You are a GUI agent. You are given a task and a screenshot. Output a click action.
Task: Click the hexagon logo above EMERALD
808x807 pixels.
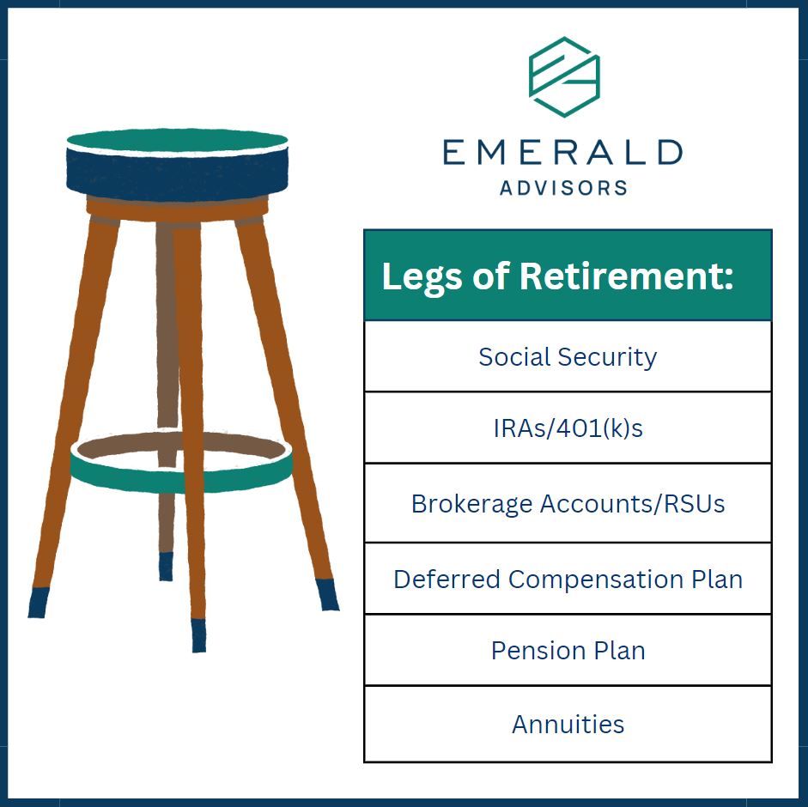[x=564, y=76]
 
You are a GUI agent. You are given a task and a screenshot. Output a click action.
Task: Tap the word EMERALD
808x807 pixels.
[x=562, y=152]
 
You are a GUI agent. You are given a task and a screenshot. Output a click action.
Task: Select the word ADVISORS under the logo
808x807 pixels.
[x=564, y=187]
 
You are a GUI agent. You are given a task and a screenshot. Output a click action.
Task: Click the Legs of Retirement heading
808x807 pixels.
[x=557, y=276]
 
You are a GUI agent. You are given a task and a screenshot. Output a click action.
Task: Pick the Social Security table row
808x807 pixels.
[x=568, y=356]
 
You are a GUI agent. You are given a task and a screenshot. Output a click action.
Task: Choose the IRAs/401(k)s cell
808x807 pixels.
[x=568, y=428]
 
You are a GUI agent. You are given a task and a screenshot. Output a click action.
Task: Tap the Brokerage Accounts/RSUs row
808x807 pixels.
[x=568, y=503]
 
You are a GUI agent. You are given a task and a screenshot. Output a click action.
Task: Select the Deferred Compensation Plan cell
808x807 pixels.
[x=568, y=579]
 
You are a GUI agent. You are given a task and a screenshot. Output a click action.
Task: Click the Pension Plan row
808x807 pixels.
[x=568, y=651]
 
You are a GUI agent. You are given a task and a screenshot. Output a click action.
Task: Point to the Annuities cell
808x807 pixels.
[x=568, y=724]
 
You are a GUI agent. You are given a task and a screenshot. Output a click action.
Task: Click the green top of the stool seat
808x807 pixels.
[x=177, y=140]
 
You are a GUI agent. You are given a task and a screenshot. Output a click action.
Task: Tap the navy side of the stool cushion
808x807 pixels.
[x=177, y=174]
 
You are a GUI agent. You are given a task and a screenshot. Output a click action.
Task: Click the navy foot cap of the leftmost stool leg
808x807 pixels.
[x=38, y=602]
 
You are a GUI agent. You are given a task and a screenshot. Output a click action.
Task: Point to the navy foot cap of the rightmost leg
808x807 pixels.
[x=326, y=595]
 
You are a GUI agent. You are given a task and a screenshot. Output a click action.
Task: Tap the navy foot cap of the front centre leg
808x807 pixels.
[x=198, y=636]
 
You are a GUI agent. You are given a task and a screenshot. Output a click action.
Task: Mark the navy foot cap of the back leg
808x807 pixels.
[x=166, y=567]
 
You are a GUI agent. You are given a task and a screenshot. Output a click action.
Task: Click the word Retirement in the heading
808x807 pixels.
[x=626, y=276]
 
